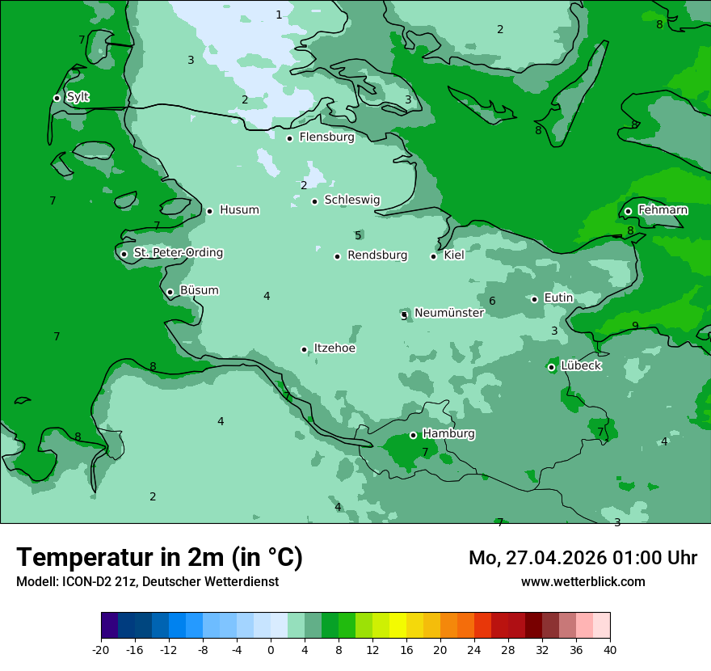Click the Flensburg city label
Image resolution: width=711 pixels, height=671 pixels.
coord(326,137)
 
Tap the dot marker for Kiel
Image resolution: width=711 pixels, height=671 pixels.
coord(434,256)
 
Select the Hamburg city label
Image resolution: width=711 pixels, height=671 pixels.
coord(448,434)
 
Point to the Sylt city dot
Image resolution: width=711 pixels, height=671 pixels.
coord(57,98)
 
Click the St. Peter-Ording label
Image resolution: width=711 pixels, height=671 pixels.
coord(178,253)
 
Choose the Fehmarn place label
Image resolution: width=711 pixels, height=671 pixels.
coord(663,210)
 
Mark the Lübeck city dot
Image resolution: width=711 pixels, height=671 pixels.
coord(551,367)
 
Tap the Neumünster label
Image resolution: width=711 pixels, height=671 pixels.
coord(448,313)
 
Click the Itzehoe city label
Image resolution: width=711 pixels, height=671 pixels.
coord(334,348)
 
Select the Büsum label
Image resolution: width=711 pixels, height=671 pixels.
coord(199,291)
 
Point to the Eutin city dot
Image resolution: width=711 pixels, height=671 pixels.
coord(534,299)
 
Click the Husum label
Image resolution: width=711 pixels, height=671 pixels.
coord(239,210)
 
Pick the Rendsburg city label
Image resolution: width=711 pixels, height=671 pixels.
coord(377,255)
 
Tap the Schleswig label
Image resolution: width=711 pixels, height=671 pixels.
coord(351,200)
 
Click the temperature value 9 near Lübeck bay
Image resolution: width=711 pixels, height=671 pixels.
coord(635,326)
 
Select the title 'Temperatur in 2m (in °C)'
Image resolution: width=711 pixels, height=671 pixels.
coord(159,558)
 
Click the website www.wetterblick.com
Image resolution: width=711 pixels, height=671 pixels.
coord(583,582)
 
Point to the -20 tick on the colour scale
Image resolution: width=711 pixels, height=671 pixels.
coord(101,650)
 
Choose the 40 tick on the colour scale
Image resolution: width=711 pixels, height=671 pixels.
coord(609,650)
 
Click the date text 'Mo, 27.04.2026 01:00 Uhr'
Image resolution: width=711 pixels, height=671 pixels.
coord(583,558)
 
